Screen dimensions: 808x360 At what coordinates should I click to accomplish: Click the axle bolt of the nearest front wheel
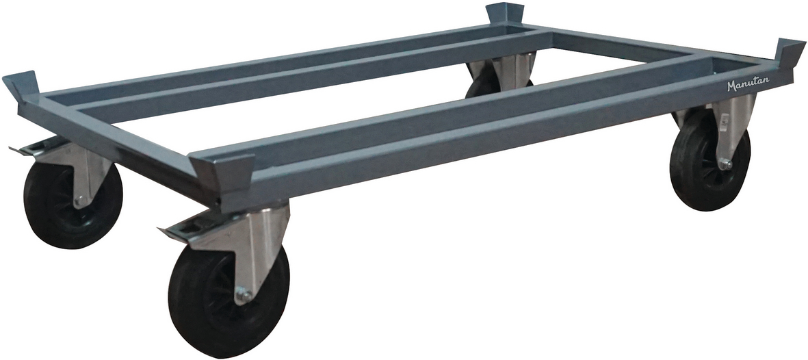click(244, 296)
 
